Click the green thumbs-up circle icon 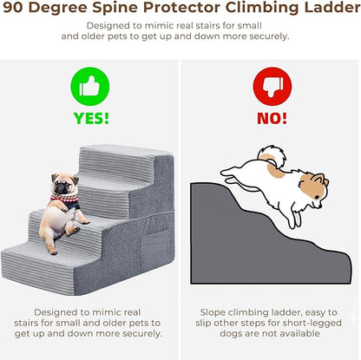[90, 87]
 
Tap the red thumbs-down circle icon [272, 87]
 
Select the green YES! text [91, 118]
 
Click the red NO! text [272, 118]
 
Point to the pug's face [64, 184]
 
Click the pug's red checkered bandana [64, 199]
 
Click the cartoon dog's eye [317, 197]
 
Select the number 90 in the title [13, 8]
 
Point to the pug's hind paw [53, 251]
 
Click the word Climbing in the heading [262, 9]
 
